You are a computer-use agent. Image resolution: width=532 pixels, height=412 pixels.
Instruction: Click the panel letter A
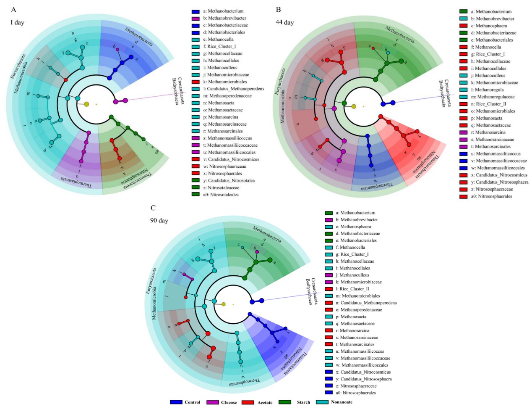click(13, 10)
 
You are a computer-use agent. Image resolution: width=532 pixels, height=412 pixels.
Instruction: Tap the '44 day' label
click(284, 22)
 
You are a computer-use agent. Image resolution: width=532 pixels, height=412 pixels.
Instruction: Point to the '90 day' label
click(159, 220)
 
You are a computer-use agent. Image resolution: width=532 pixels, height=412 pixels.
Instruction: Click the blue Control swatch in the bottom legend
click(176, 402)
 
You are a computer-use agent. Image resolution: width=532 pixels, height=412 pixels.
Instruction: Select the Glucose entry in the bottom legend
click(222, 402)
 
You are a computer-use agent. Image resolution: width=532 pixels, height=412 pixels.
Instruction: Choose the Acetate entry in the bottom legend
click(258, 402)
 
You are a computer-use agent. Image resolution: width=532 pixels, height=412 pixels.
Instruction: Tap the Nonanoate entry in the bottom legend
click(334, 402)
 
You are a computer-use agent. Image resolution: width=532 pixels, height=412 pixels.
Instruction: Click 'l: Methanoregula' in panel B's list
click(489, 90)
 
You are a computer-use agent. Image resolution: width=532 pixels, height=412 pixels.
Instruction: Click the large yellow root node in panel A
click(86, 104)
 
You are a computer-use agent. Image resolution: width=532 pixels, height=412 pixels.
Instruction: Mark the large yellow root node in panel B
click(354, 106)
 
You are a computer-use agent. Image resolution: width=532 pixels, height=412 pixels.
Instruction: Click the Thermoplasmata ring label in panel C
click(245, 382)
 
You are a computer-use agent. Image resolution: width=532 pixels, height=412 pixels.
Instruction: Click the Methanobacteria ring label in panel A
click(139, 36)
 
